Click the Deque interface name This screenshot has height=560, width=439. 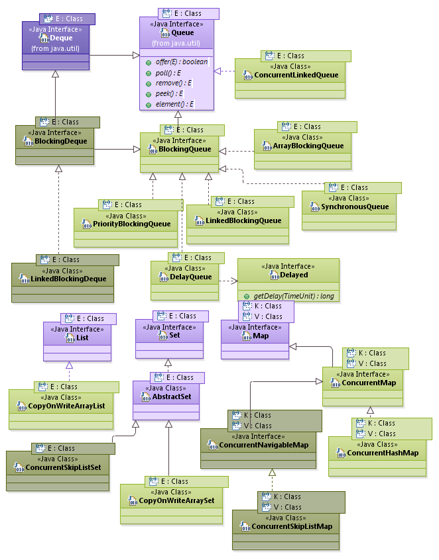click(x=61, y=38)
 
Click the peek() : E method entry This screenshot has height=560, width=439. click(x=168, y=93)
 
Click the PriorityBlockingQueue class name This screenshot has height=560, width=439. click(x=131, y=224)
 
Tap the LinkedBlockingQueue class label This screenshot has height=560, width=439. click(x=243, y=220)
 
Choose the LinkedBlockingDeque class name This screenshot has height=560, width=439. click(x=69, y=279)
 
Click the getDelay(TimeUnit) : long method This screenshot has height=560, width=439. click(x=293, y=295)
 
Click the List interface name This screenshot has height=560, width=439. click(x=82, y=338)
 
